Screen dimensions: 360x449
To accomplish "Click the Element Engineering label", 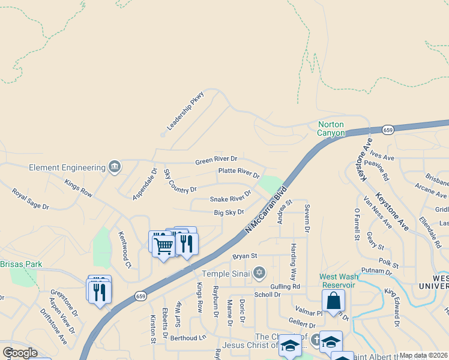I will click(66, 167).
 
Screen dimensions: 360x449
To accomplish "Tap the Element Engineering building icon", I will click(114, 166).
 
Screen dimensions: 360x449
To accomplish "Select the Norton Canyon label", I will click(331, 128).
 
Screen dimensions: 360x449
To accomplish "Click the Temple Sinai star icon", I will click(259, 273).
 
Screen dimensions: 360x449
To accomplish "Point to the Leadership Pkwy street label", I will click(185, 111).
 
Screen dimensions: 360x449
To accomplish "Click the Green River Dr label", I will click(216, 160).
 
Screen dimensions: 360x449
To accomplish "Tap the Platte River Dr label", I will click(238, 173).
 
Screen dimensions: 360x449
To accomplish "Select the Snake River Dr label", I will click(230, 197).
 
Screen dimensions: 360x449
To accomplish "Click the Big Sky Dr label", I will click(229, 212).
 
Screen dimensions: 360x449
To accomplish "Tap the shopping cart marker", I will click(163, 246).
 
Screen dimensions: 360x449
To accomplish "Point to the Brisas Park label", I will click(21, 264).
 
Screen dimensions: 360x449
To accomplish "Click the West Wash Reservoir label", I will click(337, 281).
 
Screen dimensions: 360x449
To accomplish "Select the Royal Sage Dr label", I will click(30, 199).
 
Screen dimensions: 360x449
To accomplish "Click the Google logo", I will click(20, 353).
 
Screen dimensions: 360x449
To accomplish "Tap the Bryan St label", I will click(245, 256).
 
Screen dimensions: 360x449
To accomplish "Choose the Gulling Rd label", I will click(285, 286).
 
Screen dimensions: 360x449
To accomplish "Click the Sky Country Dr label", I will click(180, 181).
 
